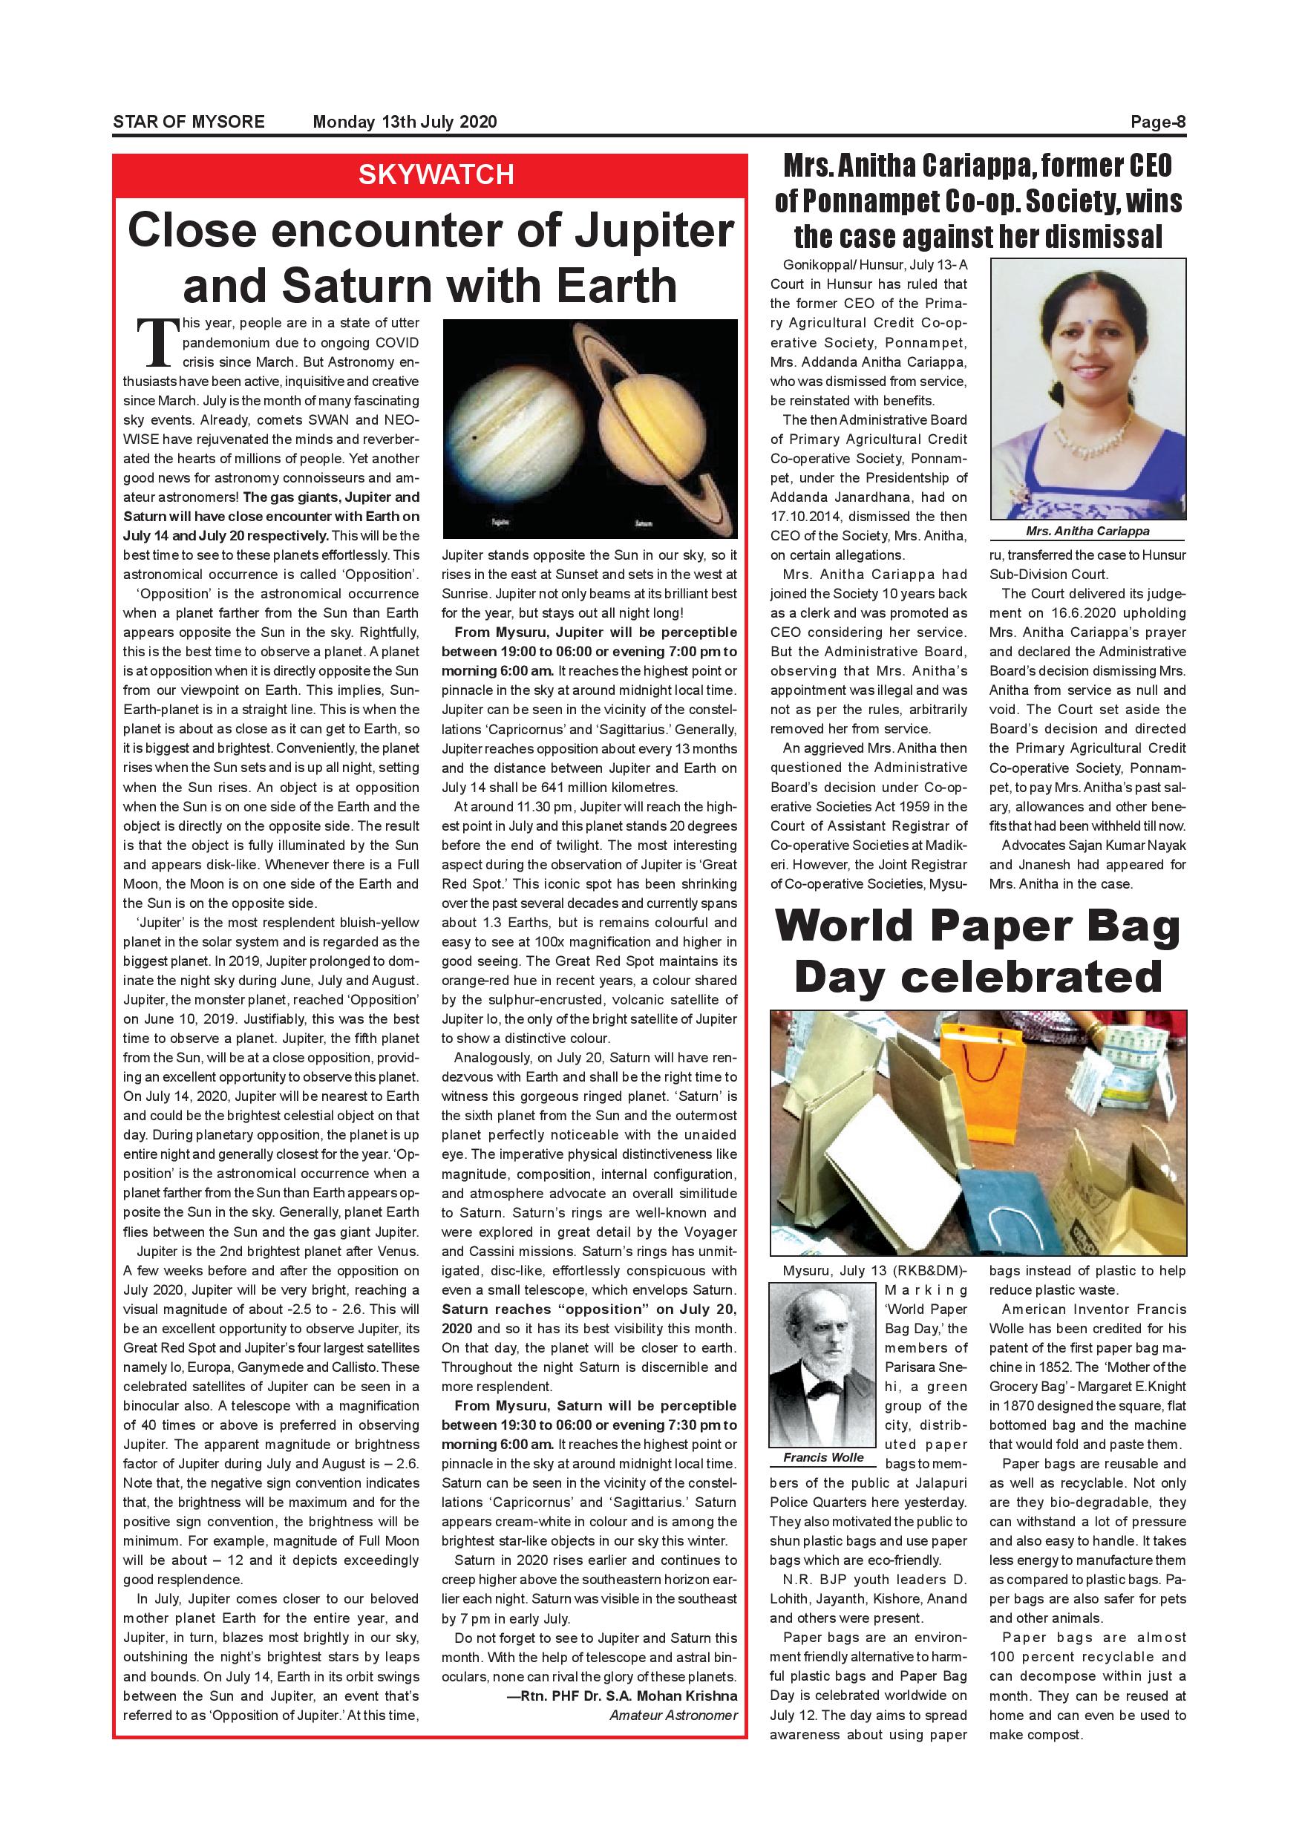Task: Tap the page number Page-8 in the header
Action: tap(1157, 122)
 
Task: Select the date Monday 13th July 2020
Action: tap(404, 122)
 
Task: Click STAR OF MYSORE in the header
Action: tap(189, 122)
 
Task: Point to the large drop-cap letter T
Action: tap(157, 339)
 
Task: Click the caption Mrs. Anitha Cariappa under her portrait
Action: tap(1087, 531)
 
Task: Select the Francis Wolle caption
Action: tap(823, 1458)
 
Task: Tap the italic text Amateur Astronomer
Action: tap(673, 1715)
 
